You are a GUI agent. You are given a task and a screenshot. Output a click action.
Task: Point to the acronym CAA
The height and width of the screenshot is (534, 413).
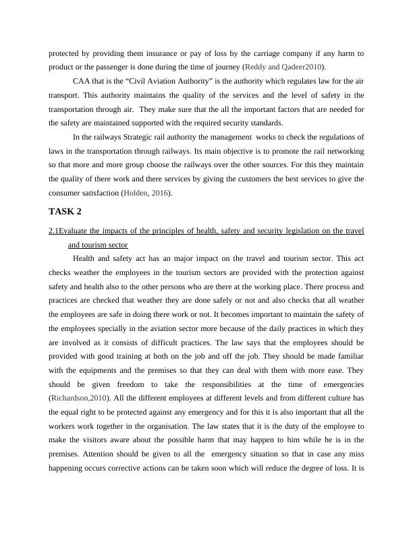(83, 81)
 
